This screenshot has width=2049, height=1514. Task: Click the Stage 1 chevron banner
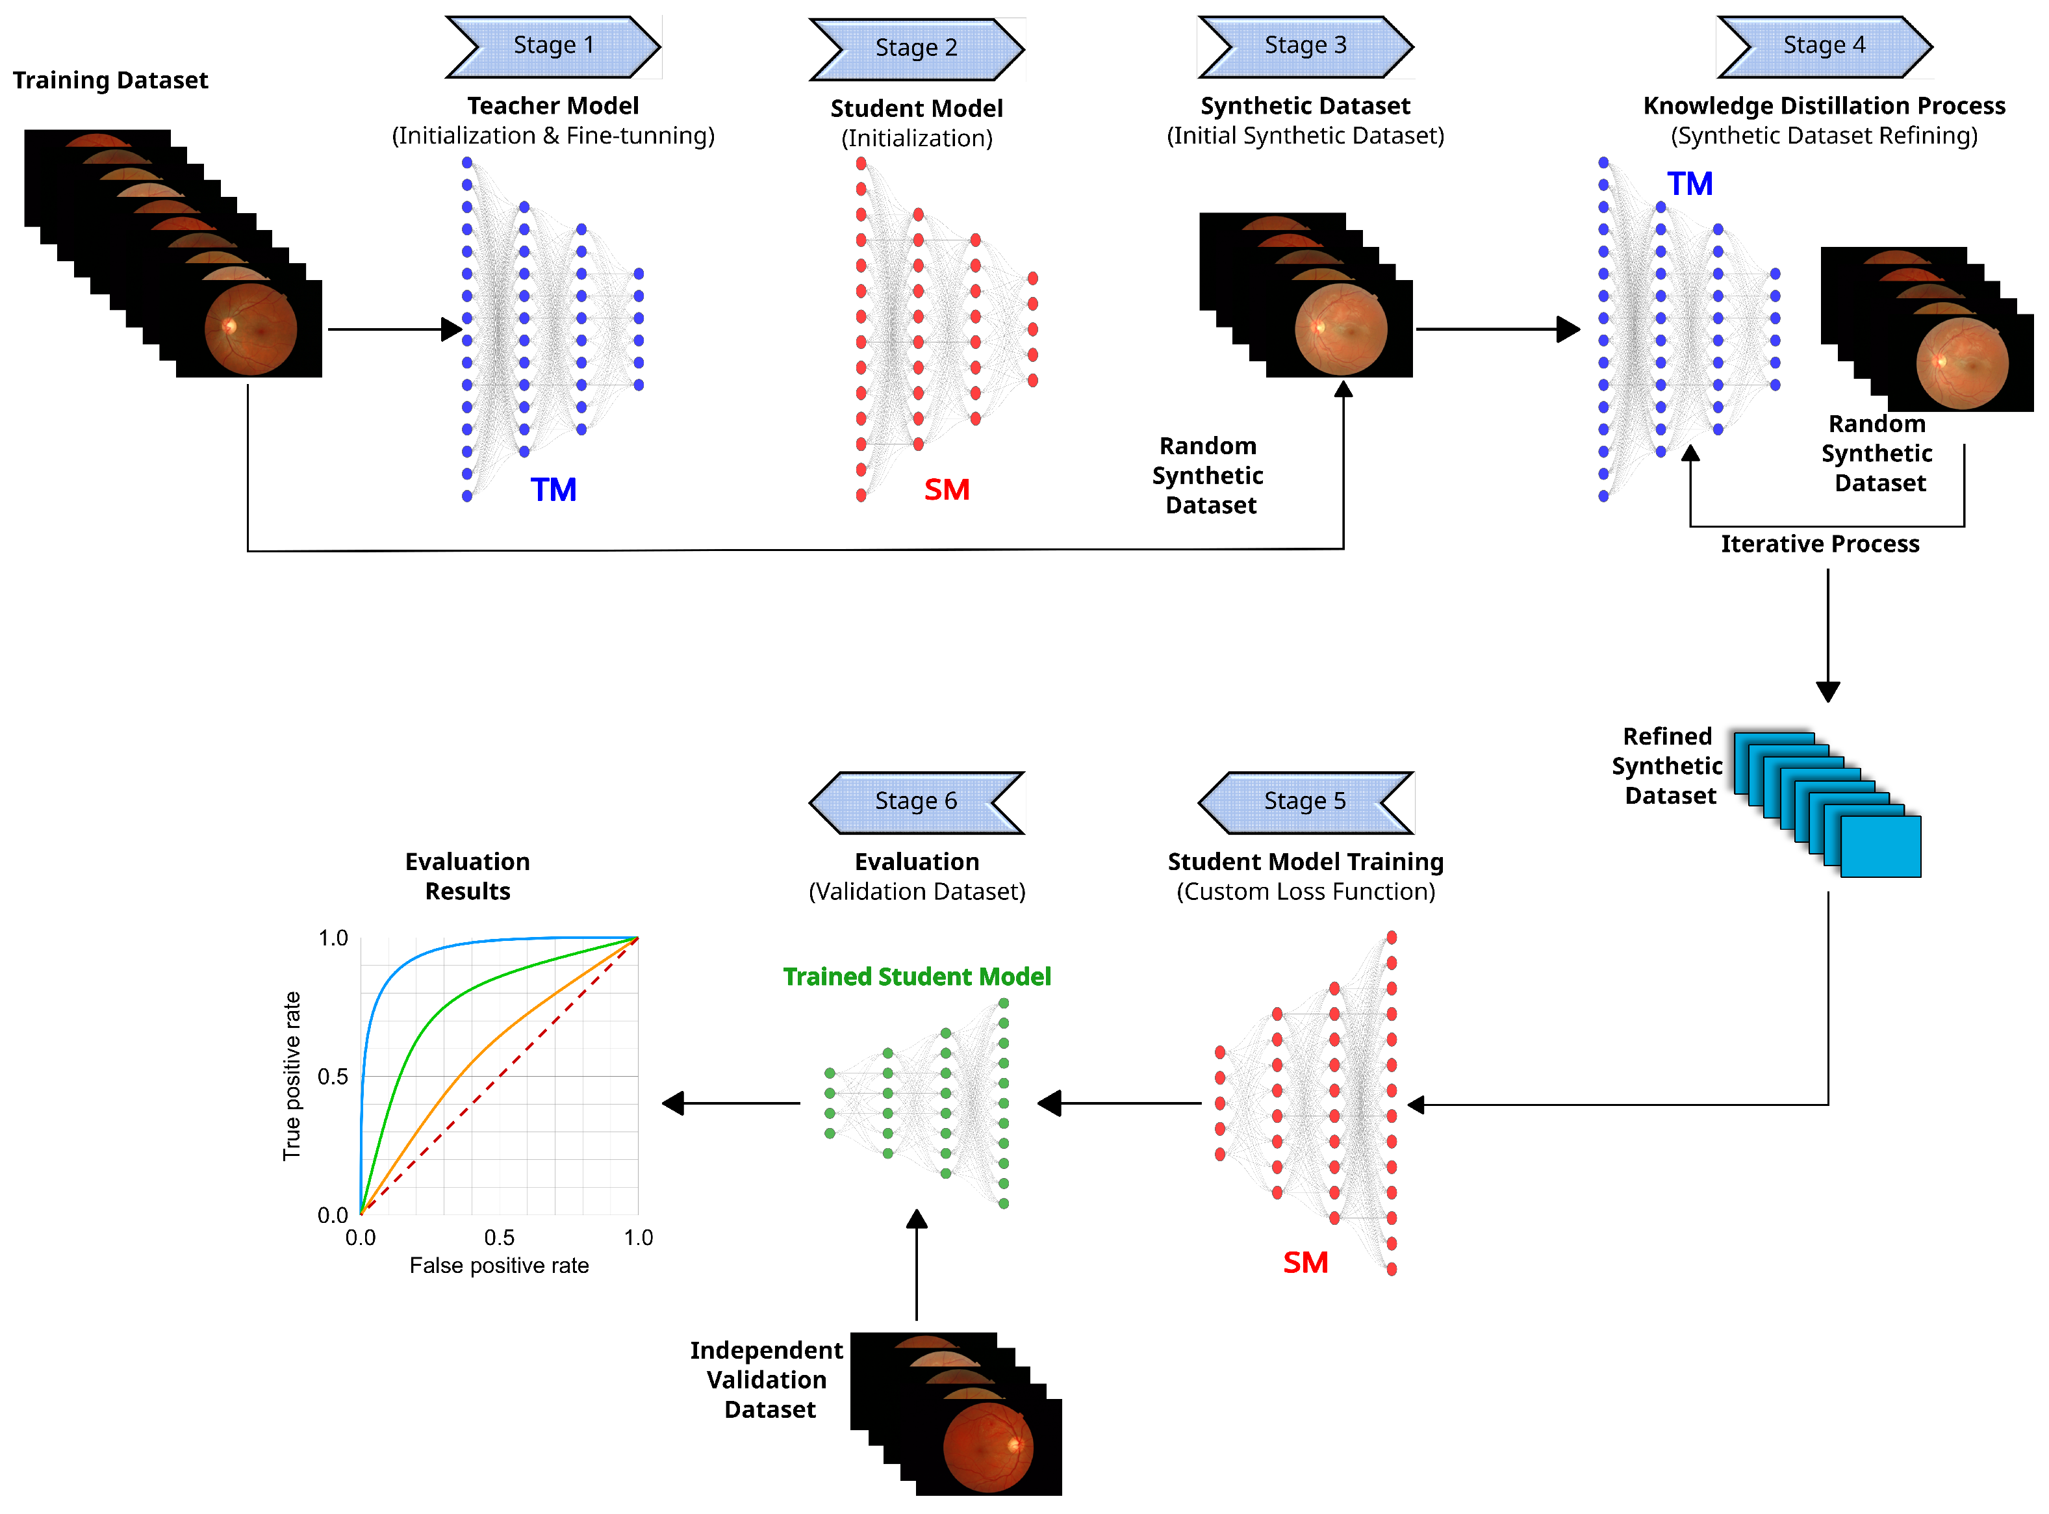tap(553, 46)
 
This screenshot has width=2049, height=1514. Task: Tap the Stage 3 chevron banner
tap(1305, 46)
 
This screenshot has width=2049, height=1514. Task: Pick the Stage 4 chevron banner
tap(1824, 46)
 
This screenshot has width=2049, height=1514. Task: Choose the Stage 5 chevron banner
tap(1305, 802)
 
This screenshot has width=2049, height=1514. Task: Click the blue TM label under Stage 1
tap(554, 491)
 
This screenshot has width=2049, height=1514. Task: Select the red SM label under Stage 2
tap(947, 491)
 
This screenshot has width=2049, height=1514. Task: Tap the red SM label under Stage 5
tap(1305, 1264)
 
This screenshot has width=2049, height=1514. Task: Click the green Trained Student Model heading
tap(917, 977)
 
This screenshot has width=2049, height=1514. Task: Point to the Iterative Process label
tap(1820, 545)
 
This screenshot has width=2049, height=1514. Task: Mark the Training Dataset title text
tap(110, 81)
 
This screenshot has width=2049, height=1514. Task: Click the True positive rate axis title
tap(292, 1077)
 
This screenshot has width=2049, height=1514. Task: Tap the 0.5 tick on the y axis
tap(333, 1077)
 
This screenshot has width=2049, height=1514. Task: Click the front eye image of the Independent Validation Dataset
tap(988, 1448)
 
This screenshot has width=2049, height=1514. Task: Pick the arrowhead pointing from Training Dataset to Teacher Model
tap(451, 329)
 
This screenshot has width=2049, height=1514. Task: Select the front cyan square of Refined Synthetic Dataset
tap(1880, 847)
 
